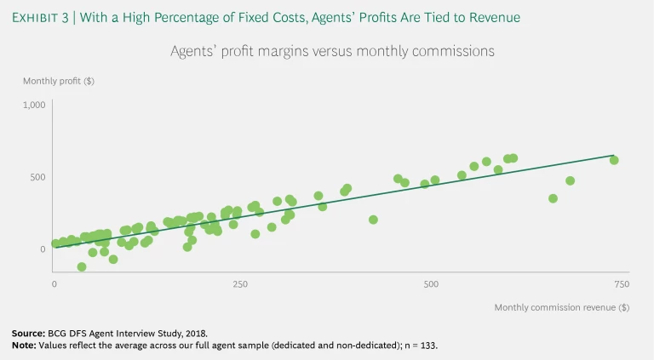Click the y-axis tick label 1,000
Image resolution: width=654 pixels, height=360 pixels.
click(x=33, y=105)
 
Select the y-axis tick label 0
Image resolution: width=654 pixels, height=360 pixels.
click(x=41, y=249)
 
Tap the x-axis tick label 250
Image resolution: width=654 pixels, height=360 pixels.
click(x=241, y=283)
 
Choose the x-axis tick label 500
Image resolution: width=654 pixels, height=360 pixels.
click(x=430, y=283)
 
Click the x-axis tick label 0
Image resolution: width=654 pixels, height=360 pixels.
click(x=54, y=283)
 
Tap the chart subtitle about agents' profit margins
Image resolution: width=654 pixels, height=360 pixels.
click(x=333, y=51)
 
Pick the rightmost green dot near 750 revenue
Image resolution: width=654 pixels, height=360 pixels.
click(x=614, y=160)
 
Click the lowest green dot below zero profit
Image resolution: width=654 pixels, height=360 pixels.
click(x=82, y=266)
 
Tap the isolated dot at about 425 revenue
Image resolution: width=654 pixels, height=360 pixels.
click(x=373, y=220)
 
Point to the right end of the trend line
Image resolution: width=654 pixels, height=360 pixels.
click(x=613, y=156)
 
